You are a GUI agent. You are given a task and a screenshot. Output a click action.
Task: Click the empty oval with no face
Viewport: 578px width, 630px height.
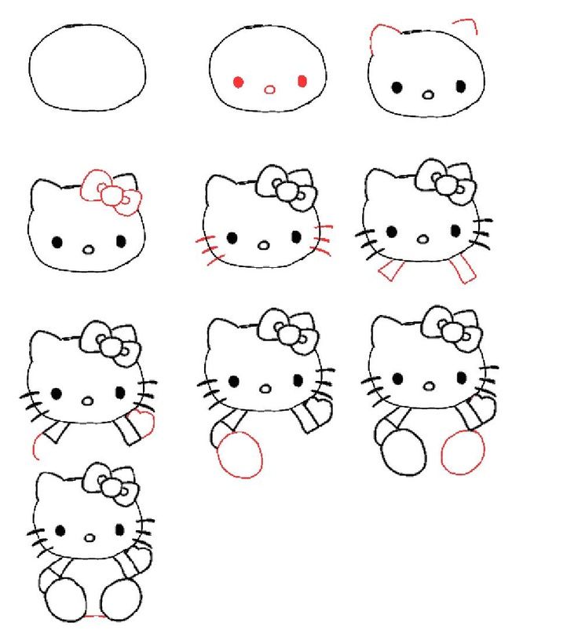[x=87, y=68]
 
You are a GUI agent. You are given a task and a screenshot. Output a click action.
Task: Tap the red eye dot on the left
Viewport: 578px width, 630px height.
[x=237, y=81]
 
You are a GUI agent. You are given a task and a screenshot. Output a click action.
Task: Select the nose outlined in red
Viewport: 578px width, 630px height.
[x=269, y=89]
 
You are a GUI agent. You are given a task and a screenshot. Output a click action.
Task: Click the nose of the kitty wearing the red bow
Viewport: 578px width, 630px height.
[x=88, y=249]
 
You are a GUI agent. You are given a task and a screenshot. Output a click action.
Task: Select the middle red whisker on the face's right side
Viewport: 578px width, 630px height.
[x=323, y=239]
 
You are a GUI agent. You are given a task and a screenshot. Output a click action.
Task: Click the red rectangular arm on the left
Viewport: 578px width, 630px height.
[x=390, y=271]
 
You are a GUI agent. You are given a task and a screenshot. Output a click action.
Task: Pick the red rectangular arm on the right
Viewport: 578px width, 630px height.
[x=463, y=269]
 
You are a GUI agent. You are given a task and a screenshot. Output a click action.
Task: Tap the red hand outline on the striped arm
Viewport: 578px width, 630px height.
[x=144, y=422]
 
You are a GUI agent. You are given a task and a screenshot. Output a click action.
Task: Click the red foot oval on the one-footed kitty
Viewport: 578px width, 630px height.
[x=240, y=455]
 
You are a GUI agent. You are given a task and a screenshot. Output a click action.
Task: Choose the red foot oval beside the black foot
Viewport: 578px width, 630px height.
[x=463, y=452]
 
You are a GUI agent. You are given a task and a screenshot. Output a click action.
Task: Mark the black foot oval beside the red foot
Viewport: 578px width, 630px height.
[x=403, y=452]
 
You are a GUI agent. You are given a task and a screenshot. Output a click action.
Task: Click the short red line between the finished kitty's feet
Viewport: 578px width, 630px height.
[x=94, y=616]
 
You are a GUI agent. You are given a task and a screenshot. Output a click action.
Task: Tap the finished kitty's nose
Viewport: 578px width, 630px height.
[x=90, y=539]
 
